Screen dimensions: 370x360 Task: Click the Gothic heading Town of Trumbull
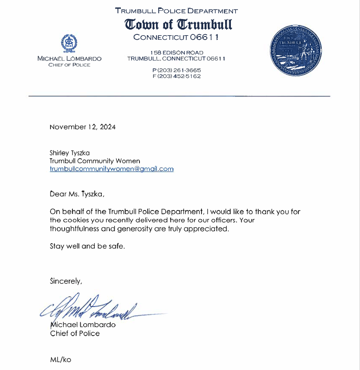point(179,24)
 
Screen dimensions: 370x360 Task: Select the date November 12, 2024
point(82,127)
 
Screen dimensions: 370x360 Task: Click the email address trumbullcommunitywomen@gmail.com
point(111,169)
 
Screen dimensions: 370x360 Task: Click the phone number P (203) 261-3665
point(176,70)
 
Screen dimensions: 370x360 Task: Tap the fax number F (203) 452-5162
point(176,76)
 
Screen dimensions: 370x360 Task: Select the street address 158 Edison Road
point(177,53)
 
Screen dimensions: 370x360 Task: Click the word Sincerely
point(66,281)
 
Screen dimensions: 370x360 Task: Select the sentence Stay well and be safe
point(87,246)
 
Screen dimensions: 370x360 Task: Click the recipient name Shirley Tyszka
point(70,153)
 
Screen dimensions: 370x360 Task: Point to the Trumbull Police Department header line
point(177,11)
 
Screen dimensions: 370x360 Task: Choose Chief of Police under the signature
point(75,333)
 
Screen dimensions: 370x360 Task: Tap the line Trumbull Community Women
point(95,161)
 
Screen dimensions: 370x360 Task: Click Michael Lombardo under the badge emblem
point(69,59)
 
